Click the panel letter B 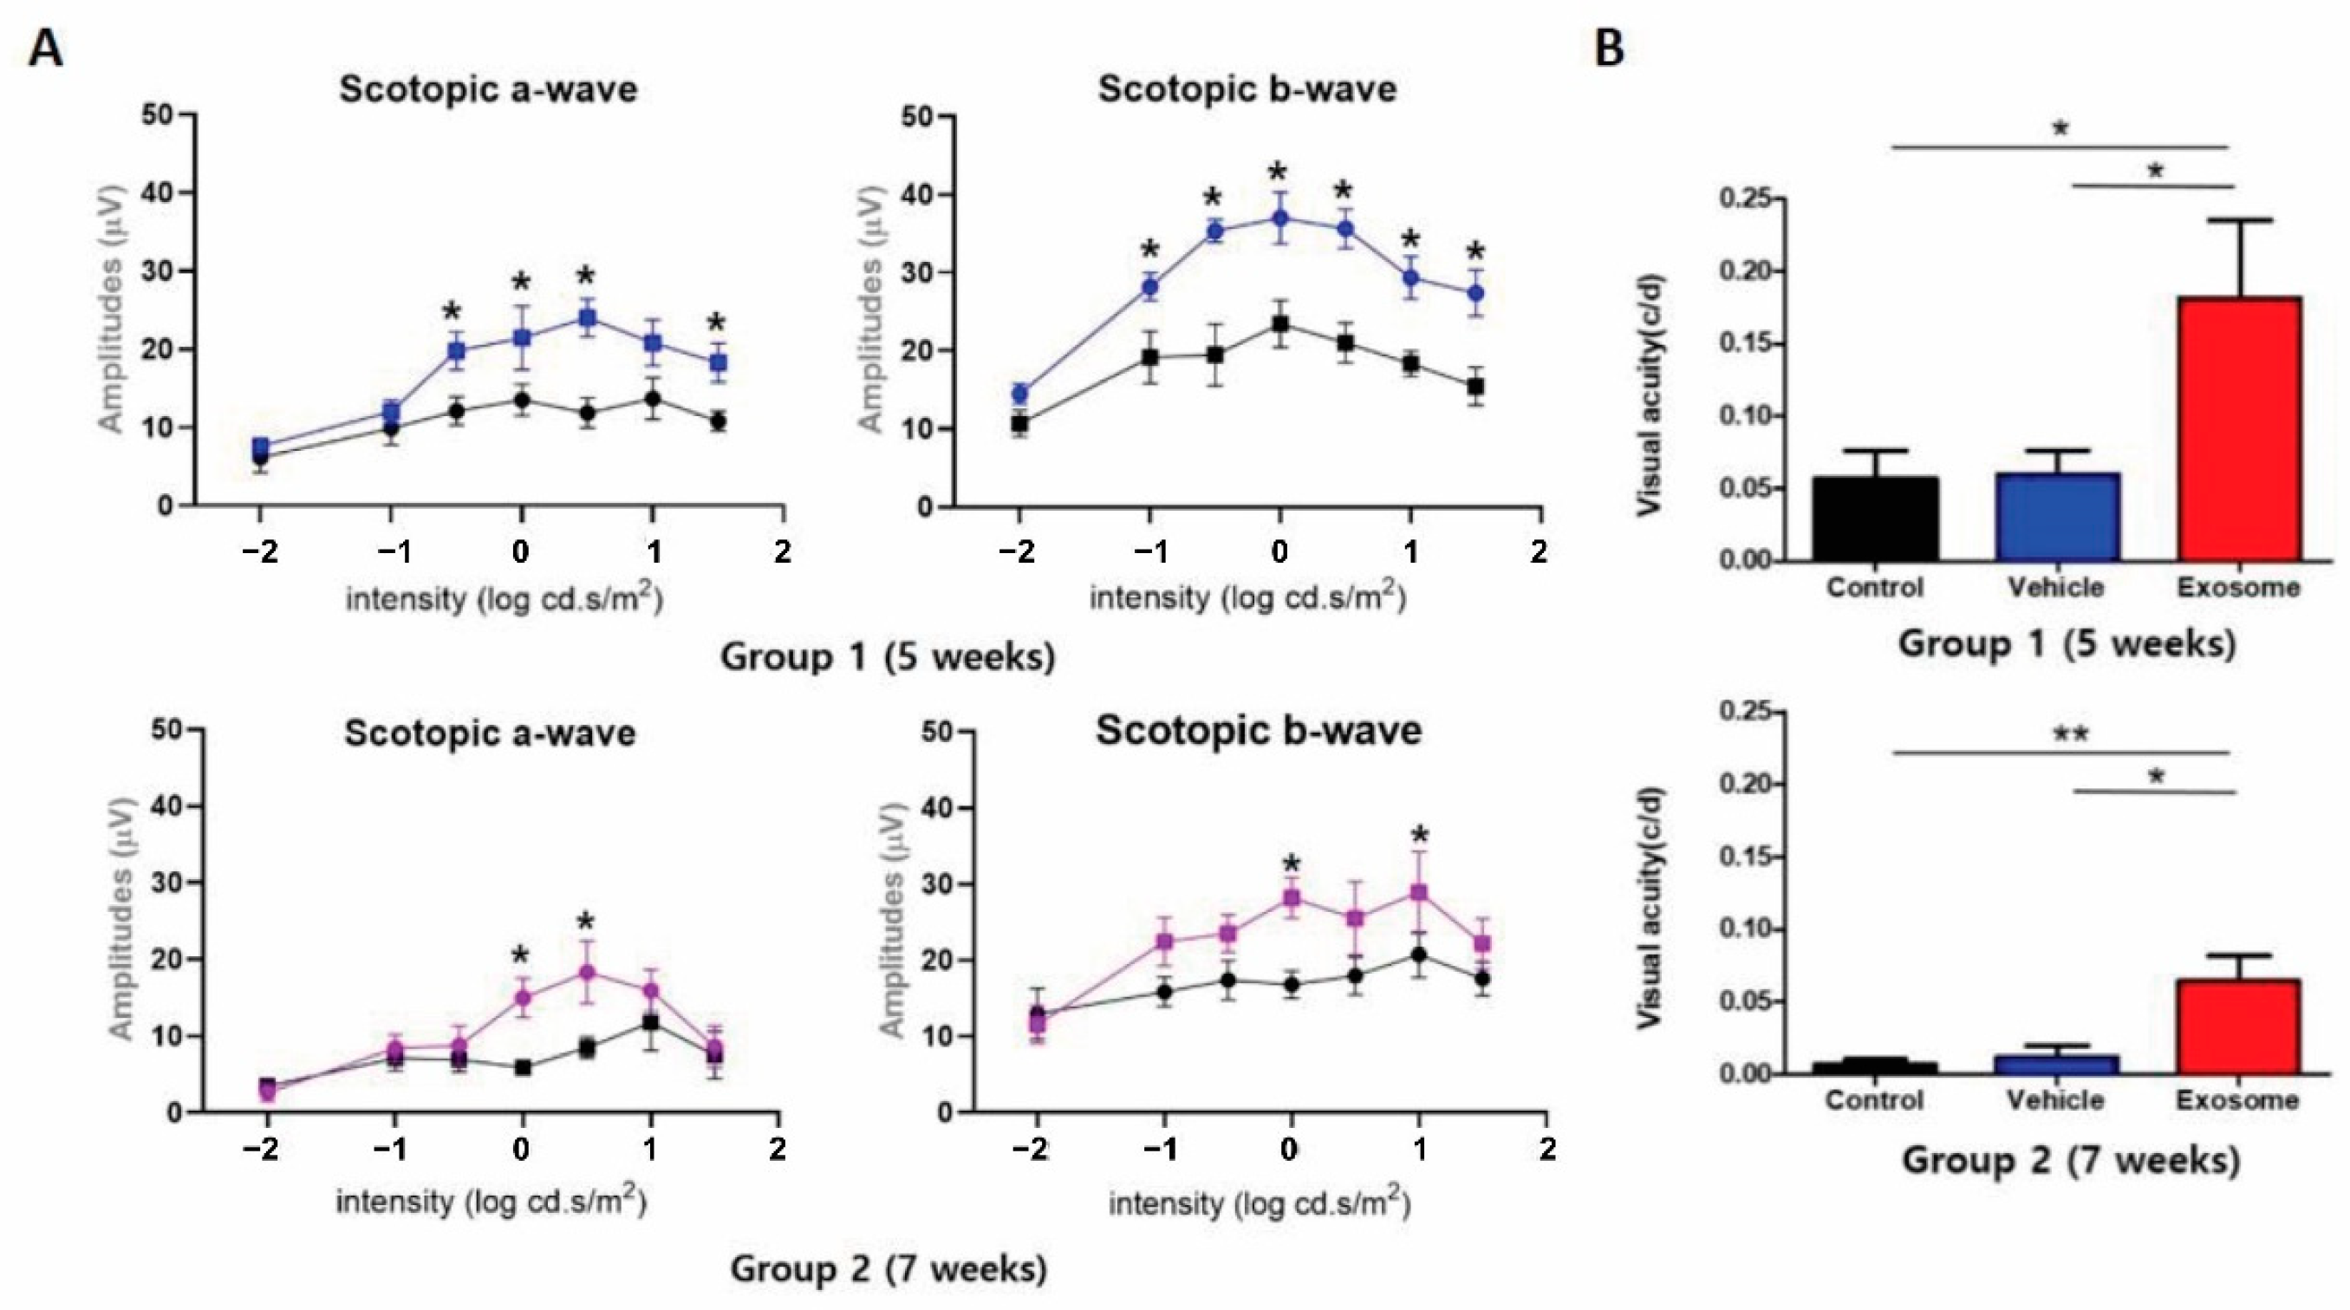click(x=1609, y=48)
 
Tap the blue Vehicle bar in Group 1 click(x=2058, y=517)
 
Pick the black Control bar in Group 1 click(x=1876, y=518)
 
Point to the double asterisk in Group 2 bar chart click(x=2069, y=734)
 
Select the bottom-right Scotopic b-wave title click(x=1259, y=732)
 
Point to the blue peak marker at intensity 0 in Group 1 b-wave click(x=1280, y=218)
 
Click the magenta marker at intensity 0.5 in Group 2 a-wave click(x=587, y=973)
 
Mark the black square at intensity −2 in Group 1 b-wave click(x=1020, y=424)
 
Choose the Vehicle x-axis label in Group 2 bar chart click(x=2056, y=1100)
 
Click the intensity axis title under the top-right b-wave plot click(x=1247, y=597)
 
